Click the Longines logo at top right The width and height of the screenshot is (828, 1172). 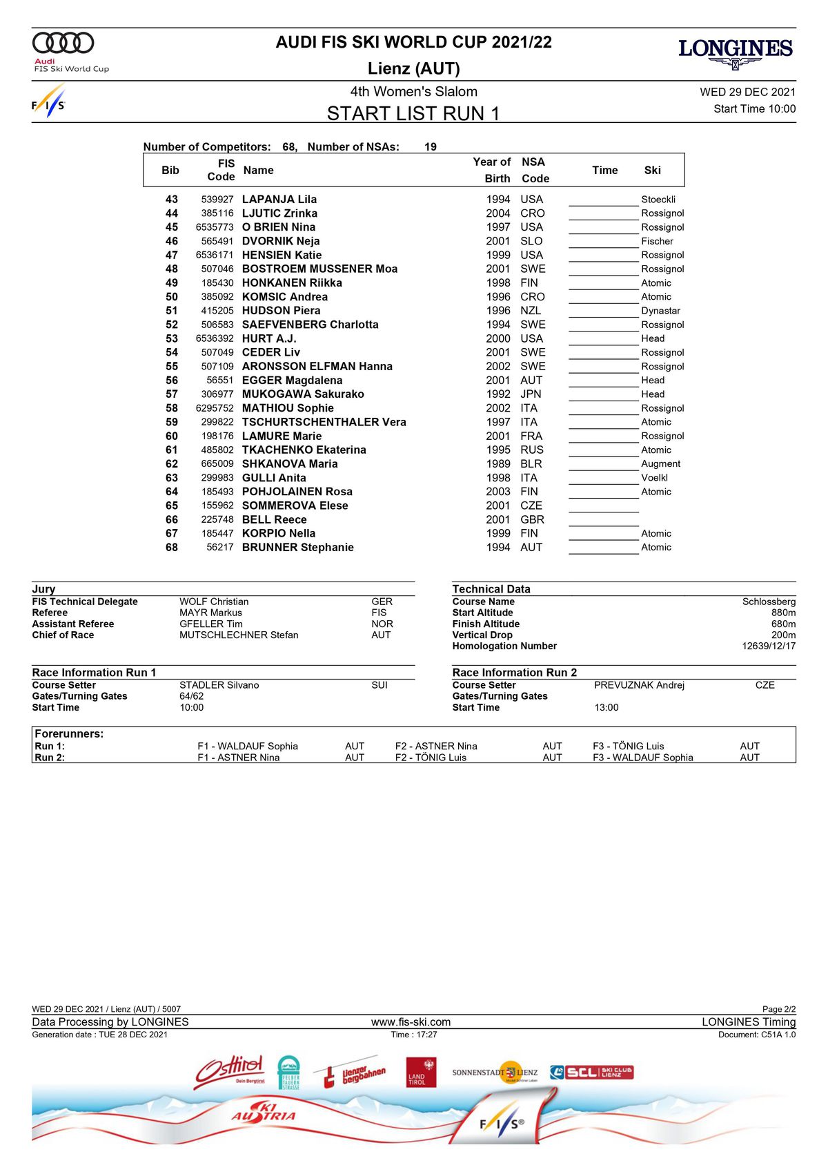736,52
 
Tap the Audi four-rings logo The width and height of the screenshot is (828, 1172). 63,43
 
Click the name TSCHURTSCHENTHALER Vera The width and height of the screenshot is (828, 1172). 324,422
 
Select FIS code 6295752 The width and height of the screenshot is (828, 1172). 215,408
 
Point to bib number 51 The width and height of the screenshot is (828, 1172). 171,311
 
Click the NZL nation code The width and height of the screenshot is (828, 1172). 531,311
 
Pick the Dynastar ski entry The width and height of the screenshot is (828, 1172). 660,311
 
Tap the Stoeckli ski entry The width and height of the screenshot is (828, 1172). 658,200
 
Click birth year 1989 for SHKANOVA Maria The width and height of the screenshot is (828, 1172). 498,464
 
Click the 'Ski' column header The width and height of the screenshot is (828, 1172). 652,171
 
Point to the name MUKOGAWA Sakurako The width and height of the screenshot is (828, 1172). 303,394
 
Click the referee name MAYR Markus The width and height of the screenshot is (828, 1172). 210,613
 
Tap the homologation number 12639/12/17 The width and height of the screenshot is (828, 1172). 769,646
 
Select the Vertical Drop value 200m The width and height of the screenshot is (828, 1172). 783,635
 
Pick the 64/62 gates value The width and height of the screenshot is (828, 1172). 192,696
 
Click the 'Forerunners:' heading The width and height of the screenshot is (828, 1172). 69,734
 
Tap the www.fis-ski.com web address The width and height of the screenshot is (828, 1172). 411,1022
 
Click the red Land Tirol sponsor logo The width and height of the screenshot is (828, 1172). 421,1073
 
